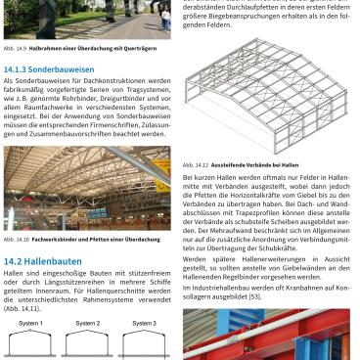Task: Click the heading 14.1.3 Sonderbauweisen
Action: pos(48,69)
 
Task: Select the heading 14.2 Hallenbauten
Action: pos(43,261)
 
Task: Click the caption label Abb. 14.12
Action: pos(195,165)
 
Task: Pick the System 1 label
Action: pos(30,323)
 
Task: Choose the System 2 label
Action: pos(87,323)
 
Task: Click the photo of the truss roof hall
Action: pos(86,190)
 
